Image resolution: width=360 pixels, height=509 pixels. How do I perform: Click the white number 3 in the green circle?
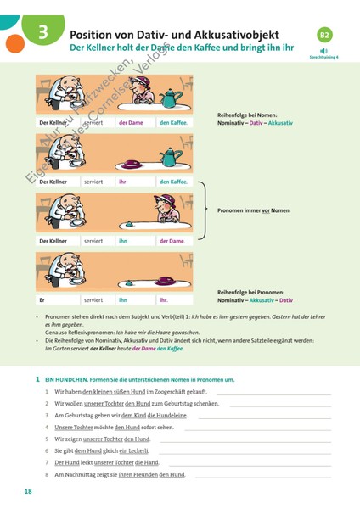click(x=42, y=33)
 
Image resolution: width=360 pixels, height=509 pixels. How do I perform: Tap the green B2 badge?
click(x=324, y=35)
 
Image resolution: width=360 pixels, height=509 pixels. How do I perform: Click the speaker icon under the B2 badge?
click(x=324, y=50)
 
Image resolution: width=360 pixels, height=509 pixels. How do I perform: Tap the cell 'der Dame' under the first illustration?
click(x=131, y=123)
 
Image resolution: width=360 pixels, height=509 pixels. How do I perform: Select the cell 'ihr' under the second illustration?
click(x=122, y=182)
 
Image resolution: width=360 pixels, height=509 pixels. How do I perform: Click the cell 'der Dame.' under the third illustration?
click(x=172, y=241)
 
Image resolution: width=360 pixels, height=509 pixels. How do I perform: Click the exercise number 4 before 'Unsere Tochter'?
click(x=47, y=427)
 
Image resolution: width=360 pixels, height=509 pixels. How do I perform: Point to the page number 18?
click(x=28, y=492)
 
